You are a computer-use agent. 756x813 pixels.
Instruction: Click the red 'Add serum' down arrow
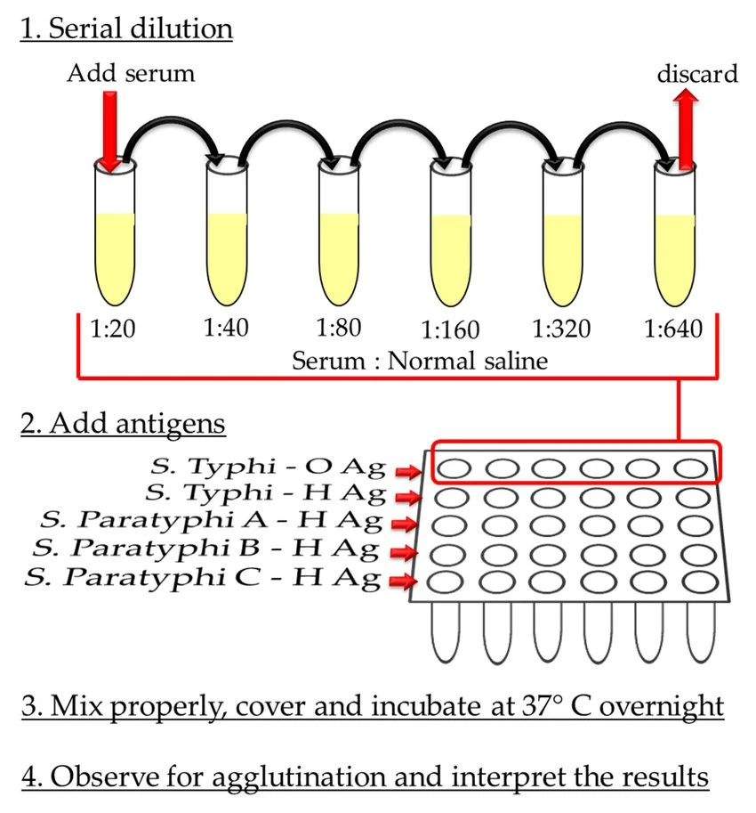pos(109,132)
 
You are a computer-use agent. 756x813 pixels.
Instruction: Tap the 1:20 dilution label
pos(112,329)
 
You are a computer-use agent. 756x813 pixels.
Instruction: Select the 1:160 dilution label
pos(450,329)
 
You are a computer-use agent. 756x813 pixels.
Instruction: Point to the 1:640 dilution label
pos(672,329)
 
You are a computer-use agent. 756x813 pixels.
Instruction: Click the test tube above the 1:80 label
pos(339,232)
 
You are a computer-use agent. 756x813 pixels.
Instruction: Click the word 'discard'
pos(697,74)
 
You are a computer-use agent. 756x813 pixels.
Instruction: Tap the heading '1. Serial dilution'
pos(126,28)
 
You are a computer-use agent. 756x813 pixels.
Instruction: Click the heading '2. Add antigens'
pos(123,424)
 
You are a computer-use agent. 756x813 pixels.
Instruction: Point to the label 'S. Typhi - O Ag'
pos(268,467)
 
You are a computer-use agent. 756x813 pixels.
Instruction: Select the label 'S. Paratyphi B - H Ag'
pos(205,549)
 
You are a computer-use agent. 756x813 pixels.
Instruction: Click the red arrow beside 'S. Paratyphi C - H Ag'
pos(404,581)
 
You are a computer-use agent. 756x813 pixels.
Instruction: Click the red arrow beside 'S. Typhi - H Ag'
pos(408,497)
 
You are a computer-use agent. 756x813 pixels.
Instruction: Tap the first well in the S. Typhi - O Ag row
pos(454,468)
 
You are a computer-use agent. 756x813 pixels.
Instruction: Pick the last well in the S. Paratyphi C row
pos(700,581)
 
